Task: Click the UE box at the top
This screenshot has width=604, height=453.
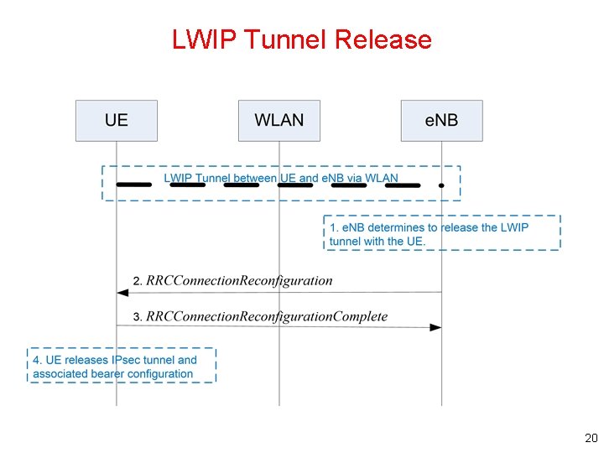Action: (117, 120)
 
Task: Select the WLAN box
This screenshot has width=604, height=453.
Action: (279, 120)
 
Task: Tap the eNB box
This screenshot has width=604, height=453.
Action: (441, 120)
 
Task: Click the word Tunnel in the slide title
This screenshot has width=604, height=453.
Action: (282, 39)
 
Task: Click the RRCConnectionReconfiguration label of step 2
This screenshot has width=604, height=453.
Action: (239, 280)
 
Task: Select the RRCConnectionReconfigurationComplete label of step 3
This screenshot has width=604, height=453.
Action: (267, 316)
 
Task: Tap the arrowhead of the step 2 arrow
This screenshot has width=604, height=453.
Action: (122, 292)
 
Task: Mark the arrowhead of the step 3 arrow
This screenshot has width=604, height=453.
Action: (435, 327)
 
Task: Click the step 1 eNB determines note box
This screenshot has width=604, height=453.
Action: (442, 232)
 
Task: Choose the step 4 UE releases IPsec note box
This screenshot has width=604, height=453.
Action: (122, 367)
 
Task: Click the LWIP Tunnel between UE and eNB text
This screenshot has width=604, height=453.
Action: (280, 178)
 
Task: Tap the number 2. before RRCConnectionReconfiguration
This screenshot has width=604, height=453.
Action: (138, 280)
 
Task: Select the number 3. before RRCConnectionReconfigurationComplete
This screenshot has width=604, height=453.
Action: (138, 316)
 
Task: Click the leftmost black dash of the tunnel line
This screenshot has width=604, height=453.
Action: (133, 184)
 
